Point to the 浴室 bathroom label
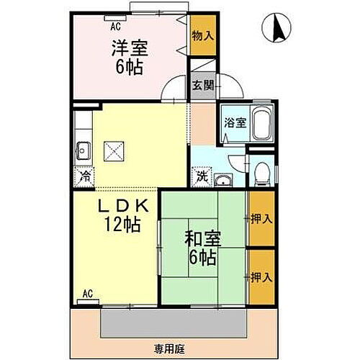pyautogui.click(x=233, y=122)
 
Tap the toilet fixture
pyautogui.click(x=262, y=171)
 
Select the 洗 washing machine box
pyautogui.click(x=202, y=175)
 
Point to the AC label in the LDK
pyautogui.click(x=87, y=294)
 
